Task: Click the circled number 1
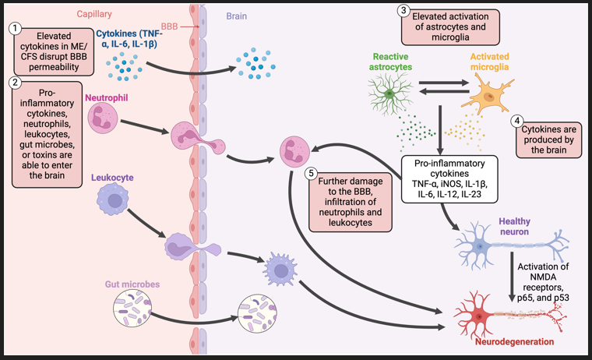(14, 28)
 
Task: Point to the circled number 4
(516, 121)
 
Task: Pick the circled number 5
(312, 172)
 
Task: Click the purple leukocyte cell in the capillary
(115, 201)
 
